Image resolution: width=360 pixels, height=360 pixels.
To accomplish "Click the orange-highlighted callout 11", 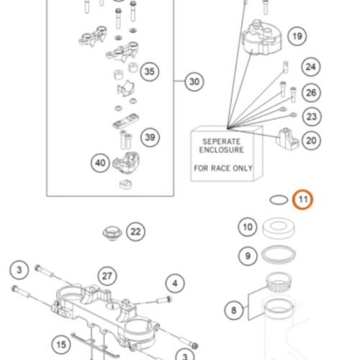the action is [x=302, y=199].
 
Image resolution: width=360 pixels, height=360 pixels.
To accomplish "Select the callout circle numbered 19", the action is [x=297, y=36].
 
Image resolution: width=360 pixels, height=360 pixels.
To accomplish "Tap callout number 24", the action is [x=311, y=67].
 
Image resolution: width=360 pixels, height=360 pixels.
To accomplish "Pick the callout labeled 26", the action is [x=311, y=93].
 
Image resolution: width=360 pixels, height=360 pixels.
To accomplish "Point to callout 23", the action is [x=312, y=117].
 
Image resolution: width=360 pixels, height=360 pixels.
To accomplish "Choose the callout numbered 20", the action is [x=311, y=140].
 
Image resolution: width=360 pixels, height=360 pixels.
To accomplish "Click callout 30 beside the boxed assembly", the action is [x=194, y=81].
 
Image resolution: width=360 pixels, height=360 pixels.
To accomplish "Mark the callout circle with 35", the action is [x=150, y=71].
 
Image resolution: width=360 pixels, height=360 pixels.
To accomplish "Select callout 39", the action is [x=150, y=138].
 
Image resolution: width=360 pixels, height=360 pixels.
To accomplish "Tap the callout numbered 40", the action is [x=100, y=163].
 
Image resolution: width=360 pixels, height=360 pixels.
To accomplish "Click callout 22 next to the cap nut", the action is [x=135, y=232].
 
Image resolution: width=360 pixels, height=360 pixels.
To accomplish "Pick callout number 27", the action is [x=107, y=276].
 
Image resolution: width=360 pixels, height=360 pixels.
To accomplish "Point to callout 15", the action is [x=61, y=345].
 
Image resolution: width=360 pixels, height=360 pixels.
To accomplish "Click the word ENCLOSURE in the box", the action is [x=221, y=150].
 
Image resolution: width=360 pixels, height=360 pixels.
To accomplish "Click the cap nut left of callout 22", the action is [x=112, y=233].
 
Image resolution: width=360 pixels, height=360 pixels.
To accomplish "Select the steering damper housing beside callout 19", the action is [x=261, y=38].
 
